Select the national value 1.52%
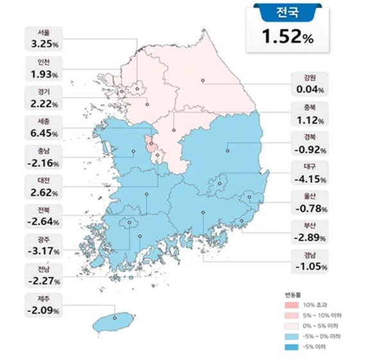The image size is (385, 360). [287, 38]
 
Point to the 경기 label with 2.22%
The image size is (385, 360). [44, 99]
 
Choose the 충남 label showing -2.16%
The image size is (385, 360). [44, 158]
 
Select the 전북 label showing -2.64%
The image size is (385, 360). [44, 217]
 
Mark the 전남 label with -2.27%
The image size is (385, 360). [44, 276]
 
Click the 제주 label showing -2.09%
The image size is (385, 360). [44, 305]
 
